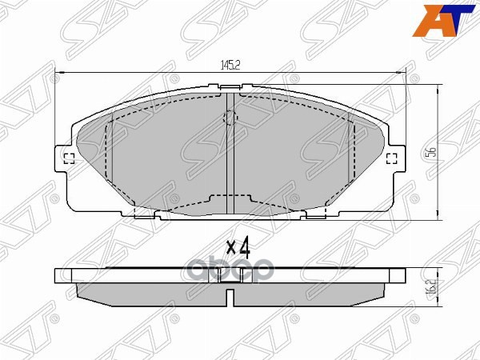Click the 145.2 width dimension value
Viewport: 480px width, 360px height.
(230, 66)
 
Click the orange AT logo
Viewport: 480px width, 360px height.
(449, 20)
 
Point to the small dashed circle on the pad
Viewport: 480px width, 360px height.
(230, 119)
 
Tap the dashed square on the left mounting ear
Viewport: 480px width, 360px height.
(68, 158)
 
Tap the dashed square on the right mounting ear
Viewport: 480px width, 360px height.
(392, 158)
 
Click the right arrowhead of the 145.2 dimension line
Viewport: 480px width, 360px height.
(402, 74)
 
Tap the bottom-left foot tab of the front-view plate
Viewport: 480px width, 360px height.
(145, 214)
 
